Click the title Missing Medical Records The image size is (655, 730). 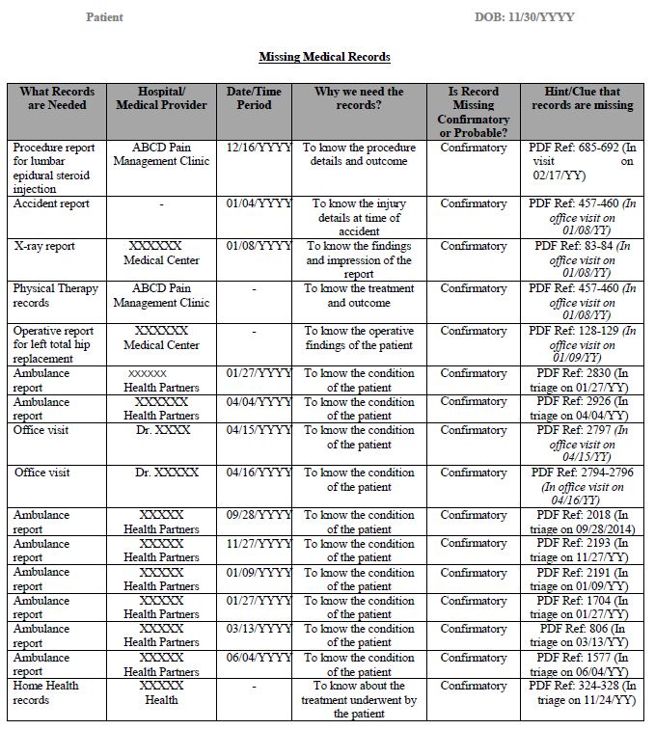pyautogui.click(x=324, y=57)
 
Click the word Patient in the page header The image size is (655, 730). pyautogui.click(x=104, y=17)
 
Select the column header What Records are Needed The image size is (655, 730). pyautogui.click(x=52, y=98)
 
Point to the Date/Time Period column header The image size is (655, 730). pyautogui.click(x=255, y=98)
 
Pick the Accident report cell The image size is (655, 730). pyautogui.click(x=51, y=203)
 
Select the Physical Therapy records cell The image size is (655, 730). pyautogui.click(x=55, y=295)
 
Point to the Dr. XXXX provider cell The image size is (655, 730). pyautogui.click(x=162, y=430)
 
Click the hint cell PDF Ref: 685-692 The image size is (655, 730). pyautogui.click(x=583, y=161)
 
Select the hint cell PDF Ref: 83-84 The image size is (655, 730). pyautogui.click(x=583, y=259)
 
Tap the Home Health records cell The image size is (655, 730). pyautogui.click(x=45, y=692)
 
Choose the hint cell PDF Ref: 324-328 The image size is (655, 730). pyautogui.click(x=583, y=692)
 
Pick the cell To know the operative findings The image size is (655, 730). pyautogui.click(x=359, y=338)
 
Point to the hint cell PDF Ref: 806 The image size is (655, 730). pyautogui.click(x=583, y=635)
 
